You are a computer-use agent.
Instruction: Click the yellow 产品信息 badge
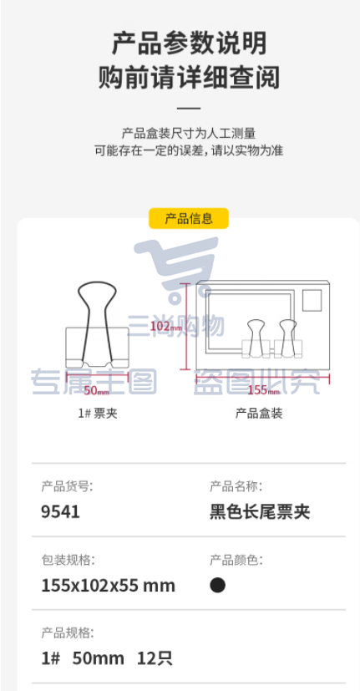189,218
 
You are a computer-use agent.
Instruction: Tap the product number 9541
60,512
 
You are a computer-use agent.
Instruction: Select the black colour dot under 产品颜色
218,585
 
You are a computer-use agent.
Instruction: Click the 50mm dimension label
97,391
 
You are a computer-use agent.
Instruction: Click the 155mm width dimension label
263,390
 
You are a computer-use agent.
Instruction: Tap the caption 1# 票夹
98,414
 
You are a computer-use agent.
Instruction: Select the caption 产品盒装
259,414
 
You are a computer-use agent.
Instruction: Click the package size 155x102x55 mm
109,586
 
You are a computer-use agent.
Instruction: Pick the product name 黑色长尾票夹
260,512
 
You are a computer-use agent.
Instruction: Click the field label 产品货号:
68,486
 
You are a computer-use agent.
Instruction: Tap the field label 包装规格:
68,560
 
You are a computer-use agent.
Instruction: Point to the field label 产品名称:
236,486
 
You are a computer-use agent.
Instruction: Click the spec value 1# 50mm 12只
107,658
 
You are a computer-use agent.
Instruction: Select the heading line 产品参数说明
189,44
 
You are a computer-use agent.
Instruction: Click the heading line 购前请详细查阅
189,78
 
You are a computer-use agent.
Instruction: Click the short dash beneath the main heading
189,108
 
